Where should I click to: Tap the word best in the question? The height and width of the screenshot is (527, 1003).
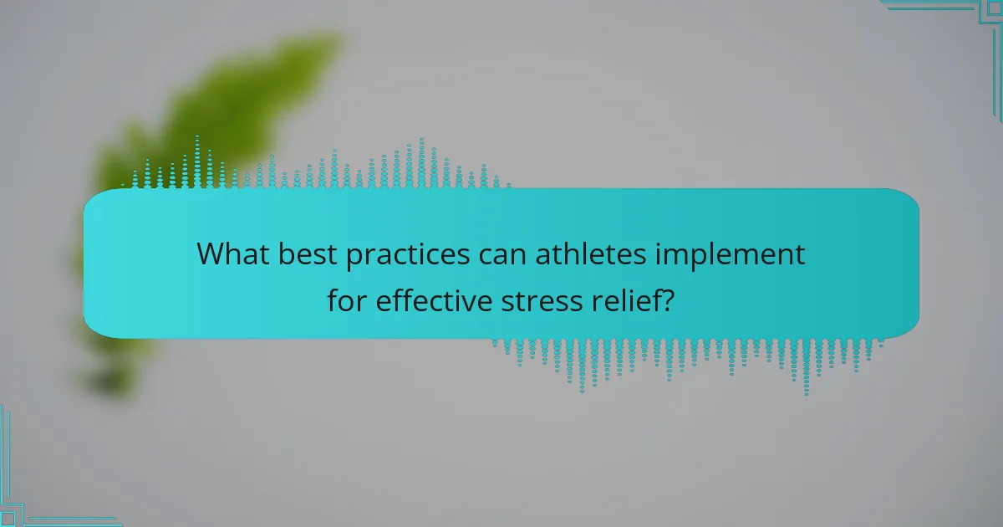click(308, 253)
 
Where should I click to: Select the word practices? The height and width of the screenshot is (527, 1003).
click(408, 255)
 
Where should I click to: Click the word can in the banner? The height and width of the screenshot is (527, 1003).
click(502, 255)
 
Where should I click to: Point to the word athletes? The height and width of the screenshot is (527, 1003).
click(591, 253)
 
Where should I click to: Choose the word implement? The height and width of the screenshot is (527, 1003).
click(730, 255)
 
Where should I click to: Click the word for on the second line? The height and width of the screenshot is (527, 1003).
click(347, 299)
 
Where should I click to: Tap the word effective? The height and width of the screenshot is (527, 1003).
click(434, 299)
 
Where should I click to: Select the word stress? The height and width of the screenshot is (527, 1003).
click(542, 301)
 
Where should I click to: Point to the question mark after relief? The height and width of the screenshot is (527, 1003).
click(667, 299)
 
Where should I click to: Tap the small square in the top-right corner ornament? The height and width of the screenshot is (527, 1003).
click(995, 8)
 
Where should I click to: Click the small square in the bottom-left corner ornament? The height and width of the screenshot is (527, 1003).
click(8, 519)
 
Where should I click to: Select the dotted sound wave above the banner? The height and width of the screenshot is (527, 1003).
click(316, 162)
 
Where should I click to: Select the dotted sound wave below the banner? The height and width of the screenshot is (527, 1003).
click(688, 366)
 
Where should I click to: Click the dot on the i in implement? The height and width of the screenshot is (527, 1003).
click(659, 243)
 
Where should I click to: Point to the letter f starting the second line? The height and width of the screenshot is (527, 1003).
click(333, 299)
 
